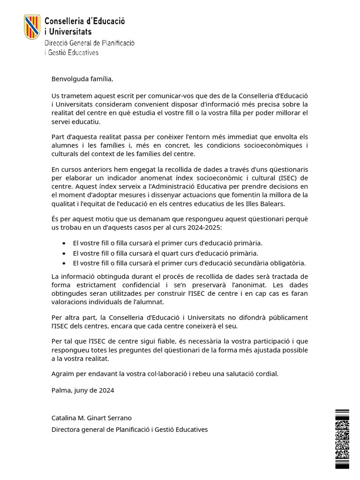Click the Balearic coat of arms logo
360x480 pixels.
coord(31,27)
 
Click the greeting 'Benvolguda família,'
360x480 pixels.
coord(82,79)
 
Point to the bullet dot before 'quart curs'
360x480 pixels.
coord(64,253)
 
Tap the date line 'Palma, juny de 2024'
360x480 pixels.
coord(82,390)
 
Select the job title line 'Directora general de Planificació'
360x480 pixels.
coord(129,429)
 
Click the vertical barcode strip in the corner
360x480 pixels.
coord(342,439)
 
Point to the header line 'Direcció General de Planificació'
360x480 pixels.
coord(89,43)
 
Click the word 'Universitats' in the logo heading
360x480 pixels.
coord(70,32)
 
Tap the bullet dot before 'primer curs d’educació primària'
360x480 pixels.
coord(64,243)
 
